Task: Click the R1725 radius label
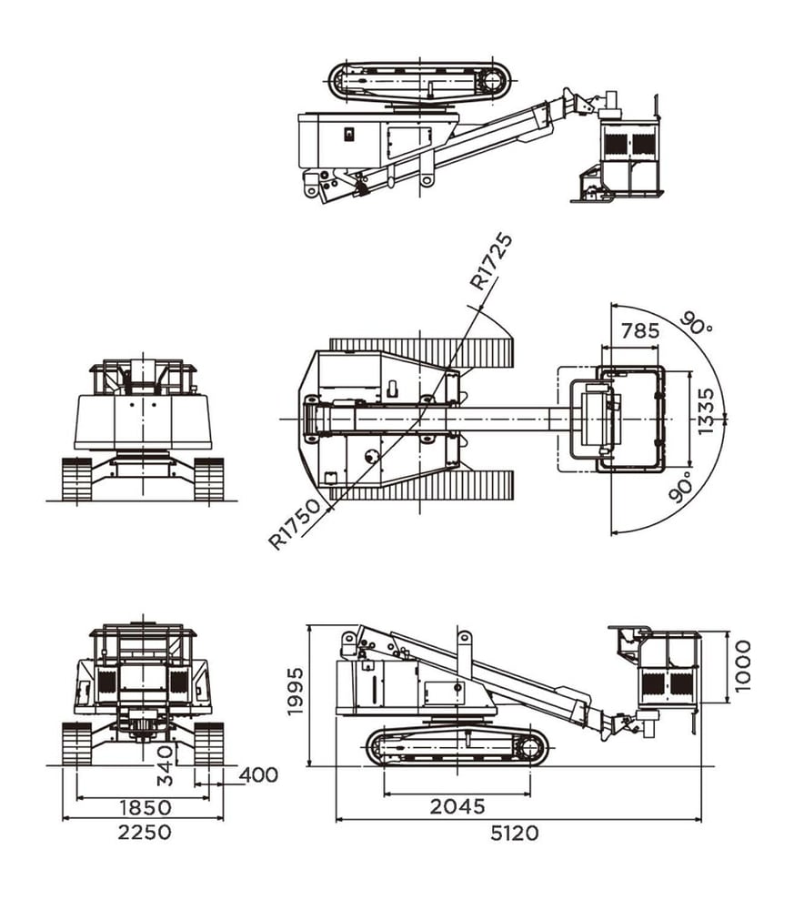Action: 491,261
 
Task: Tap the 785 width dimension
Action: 640,331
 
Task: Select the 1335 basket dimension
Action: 706,411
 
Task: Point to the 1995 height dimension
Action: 296,691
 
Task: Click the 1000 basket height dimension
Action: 742,666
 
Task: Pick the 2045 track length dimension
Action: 457,806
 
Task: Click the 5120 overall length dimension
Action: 515,833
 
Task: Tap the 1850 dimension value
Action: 146,807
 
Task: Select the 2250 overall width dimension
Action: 145,832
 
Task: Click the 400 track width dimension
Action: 258,774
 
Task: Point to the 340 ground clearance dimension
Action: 166,765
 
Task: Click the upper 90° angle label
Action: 696,323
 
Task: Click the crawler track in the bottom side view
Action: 457,747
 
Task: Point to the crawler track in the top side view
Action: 420,80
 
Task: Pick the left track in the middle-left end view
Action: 76,479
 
